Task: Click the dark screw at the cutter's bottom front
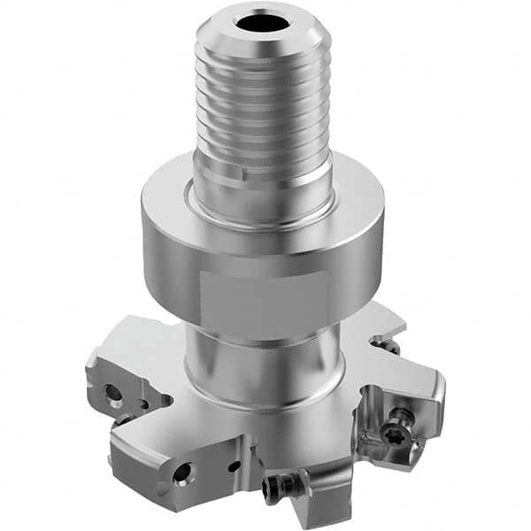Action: (276, 483)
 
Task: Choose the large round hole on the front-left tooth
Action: (181, 474)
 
